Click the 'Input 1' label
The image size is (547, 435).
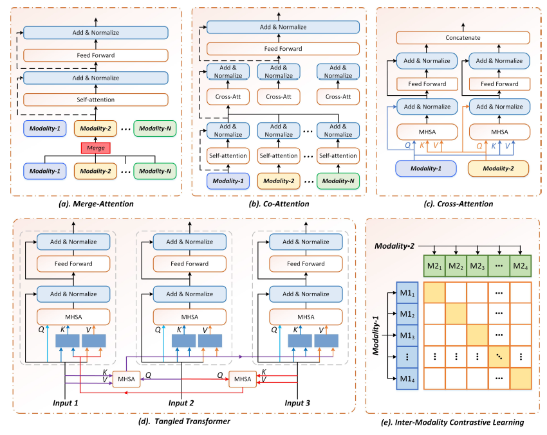coord(65,403)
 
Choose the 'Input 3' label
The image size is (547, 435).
coord(298,403)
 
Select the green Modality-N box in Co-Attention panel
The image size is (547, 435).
coord(338,181)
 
